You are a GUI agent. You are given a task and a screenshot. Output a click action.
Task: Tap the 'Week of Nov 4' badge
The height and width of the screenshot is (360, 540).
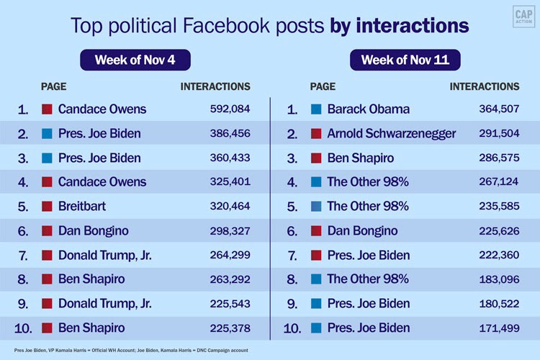(135, 60)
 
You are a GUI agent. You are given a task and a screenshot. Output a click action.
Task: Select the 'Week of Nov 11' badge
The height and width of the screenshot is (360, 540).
(405, 60)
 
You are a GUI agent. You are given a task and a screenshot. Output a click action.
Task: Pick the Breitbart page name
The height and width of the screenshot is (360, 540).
(82, 207)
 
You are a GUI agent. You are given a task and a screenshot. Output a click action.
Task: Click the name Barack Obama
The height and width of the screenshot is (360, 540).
(368, 109)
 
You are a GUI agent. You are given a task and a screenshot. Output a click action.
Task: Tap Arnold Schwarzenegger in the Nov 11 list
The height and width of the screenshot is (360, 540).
(391, 134)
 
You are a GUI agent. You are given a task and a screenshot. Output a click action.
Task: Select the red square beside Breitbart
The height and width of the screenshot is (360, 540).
(47, 207)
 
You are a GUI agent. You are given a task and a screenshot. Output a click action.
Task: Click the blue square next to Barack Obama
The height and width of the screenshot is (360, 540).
(316, 109)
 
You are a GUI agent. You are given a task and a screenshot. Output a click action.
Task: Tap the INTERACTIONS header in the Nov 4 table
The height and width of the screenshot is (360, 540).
(215, 86)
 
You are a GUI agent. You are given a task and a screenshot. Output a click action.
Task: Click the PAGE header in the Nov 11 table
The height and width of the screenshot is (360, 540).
(323, 86)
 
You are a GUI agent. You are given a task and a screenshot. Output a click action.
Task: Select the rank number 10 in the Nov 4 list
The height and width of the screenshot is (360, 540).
(23, 328)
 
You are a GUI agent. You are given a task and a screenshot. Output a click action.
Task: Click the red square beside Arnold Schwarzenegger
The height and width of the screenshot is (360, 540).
(316, 134)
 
